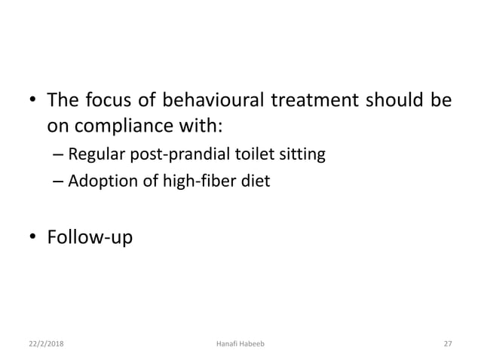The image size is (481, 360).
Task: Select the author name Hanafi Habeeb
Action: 240,343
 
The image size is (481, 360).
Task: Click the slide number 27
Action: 447,343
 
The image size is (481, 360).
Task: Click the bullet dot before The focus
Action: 32,101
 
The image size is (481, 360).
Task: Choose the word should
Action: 397,100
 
